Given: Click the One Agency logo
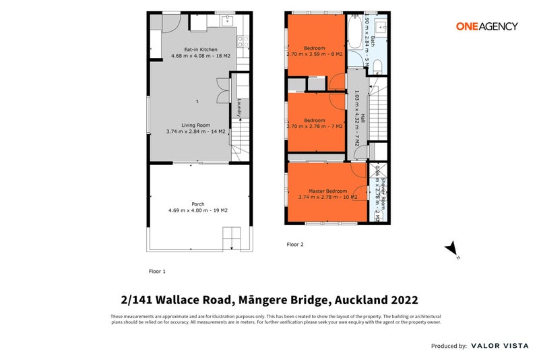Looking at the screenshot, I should tap(486, 26).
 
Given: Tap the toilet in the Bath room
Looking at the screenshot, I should tap(378, 65).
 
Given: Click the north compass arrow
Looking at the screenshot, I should tap(452, 249).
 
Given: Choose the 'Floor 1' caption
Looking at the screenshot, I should tap(157, 271).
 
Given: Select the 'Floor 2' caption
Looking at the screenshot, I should tap(295, 244).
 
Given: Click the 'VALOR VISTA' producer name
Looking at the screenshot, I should tap(499, 346).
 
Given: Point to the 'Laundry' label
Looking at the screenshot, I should tap(239, 107).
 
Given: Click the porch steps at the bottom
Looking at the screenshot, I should tap(232, 239).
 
